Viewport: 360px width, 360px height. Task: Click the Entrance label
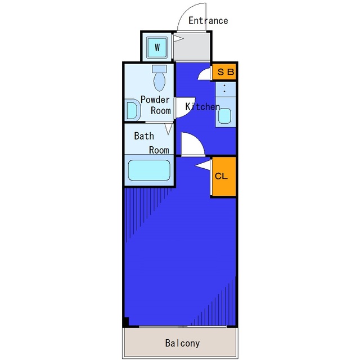(x=208, y=21)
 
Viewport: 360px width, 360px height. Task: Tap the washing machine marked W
(x=157, y=47)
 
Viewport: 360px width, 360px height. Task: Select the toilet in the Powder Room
(x=159, y=78)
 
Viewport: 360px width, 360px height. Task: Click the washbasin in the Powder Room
(x=133, y=110)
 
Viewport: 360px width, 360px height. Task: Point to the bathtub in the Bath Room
(x=149, y=170)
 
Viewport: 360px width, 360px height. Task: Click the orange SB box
(x=224, y=72)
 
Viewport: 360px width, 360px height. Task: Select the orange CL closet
(x=224, y=177)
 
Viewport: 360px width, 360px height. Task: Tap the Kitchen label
(x=202, y=106)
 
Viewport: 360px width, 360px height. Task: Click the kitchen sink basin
(x=224, y=116)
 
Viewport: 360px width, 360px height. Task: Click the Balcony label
(x=182, y=343)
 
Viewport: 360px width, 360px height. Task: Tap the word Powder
(x=155, y=100)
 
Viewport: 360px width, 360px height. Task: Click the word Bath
(x=144, y=136)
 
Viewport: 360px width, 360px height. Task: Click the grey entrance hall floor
(x=191, y=47)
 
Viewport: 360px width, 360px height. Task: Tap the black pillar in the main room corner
(x=126, y=322)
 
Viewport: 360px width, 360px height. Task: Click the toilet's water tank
(x=159, y=69)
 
